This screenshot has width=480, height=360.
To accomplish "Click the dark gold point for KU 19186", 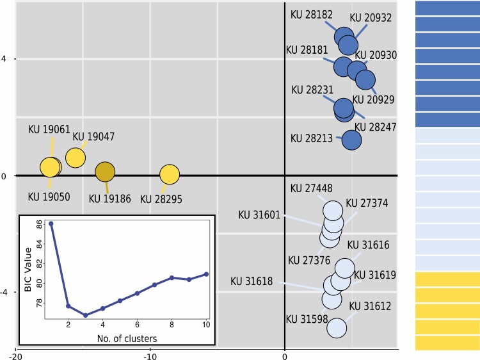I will pos(105,172).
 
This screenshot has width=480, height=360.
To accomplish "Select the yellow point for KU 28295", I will pos(169,174).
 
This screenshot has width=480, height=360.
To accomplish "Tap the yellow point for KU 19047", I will pos(76,158).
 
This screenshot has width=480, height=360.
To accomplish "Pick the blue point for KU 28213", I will pos(351,140).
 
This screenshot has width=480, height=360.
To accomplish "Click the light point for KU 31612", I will pos(337,328).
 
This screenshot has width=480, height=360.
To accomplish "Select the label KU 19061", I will pos(49,129).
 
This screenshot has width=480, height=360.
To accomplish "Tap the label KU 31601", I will pos(259,214).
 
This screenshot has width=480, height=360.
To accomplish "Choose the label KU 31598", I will pos(307,318).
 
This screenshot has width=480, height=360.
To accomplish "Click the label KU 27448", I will pos(311,188).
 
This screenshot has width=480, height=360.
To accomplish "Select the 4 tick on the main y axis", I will pos(4,59).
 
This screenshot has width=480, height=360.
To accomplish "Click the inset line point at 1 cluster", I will pos(51,224).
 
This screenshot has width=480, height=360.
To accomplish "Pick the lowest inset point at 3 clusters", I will pos(85,315).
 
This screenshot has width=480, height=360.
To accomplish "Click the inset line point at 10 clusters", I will pos(206,274).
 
